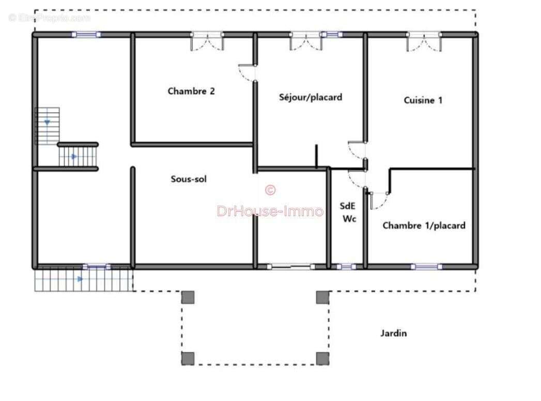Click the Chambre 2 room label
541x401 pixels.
pyautogui.click(x=191, y=91)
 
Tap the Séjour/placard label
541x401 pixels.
pyautogui.click(x=311, y=97)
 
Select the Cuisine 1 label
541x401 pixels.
pyautogui.click(x=423, y=100)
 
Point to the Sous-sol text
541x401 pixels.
pyautogui.click(x=189, y=179)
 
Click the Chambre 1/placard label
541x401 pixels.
pyautogui.click(x=424, y=226)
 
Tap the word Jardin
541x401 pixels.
pyautogui.click(x=393, y=333)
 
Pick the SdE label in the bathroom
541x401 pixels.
pyautogui.click(x=347, y=206)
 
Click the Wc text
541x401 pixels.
pyautogui.click(x=349, y=219)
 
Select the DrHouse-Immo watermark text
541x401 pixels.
pyautogui.click(x=270, y=211)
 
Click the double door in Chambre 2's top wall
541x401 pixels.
pyautogui.click(x=207, y=41)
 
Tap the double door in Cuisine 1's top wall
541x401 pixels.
pyautogui.click(x=424, y=41)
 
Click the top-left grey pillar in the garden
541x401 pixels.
pyautogui.click(x=188, y=297)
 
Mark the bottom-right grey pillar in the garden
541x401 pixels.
pyautogui.click(x=322, y=359)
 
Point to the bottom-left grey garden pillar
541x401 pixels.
pyautogui.click(x=188, y=359)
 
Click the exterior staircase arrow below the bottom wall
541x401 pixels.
pyautogui.click(x=80, y=279)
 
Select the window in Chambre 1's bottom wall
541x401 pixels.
pyautogui.click(x=426, y=267)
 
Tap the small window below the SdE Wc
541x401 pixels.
pyautogui.click(x=346, y=267)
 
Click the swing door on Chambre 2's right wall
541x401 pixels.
pyautogui.click(x=247, y=73)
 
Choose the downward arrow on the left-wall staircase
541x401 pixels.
pyautogui.click(x=47, y=122)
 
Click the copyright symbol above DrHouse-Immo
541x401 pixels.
pyautogui.click(x=270, y=190)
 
